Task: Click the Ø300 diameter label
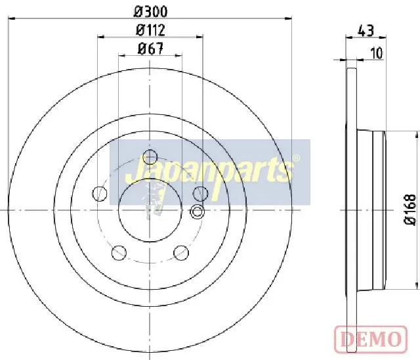150,12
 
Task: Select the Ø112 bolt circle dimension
150,30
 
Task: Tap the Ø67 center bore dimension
150,49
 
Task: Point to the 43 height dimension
366,30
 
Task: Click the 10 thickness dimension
377,53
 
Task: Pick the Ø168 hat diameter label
410,210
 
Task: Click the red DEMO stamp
371,338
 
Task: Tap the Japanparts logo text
209,171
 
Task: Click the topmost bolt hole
150,157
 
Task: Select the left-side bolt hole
100,193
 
